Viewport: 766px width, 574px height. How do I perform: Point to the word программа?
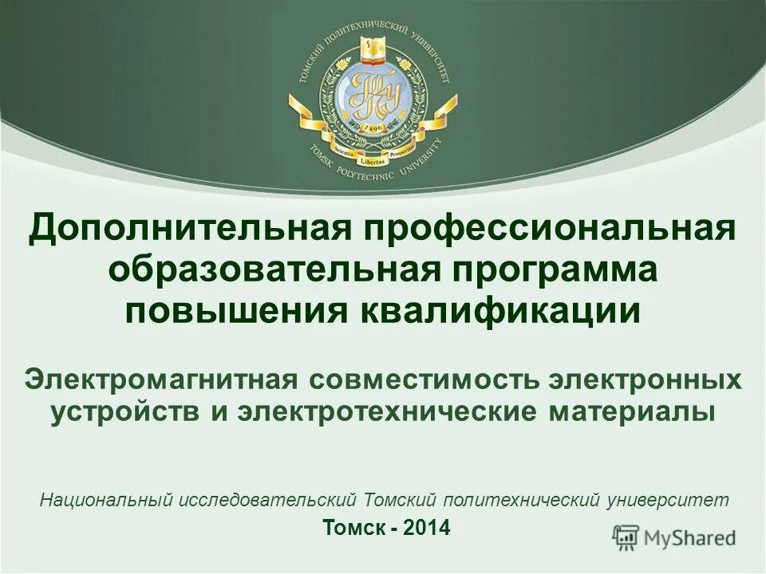point(552,269)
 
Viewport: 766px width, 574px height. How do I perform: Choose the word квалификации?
point(501,310)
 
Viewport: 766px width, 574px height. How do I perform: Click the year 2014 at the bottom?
point(427,527)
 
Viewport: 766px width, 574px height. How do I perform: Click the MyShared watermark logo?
point(675,537)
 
